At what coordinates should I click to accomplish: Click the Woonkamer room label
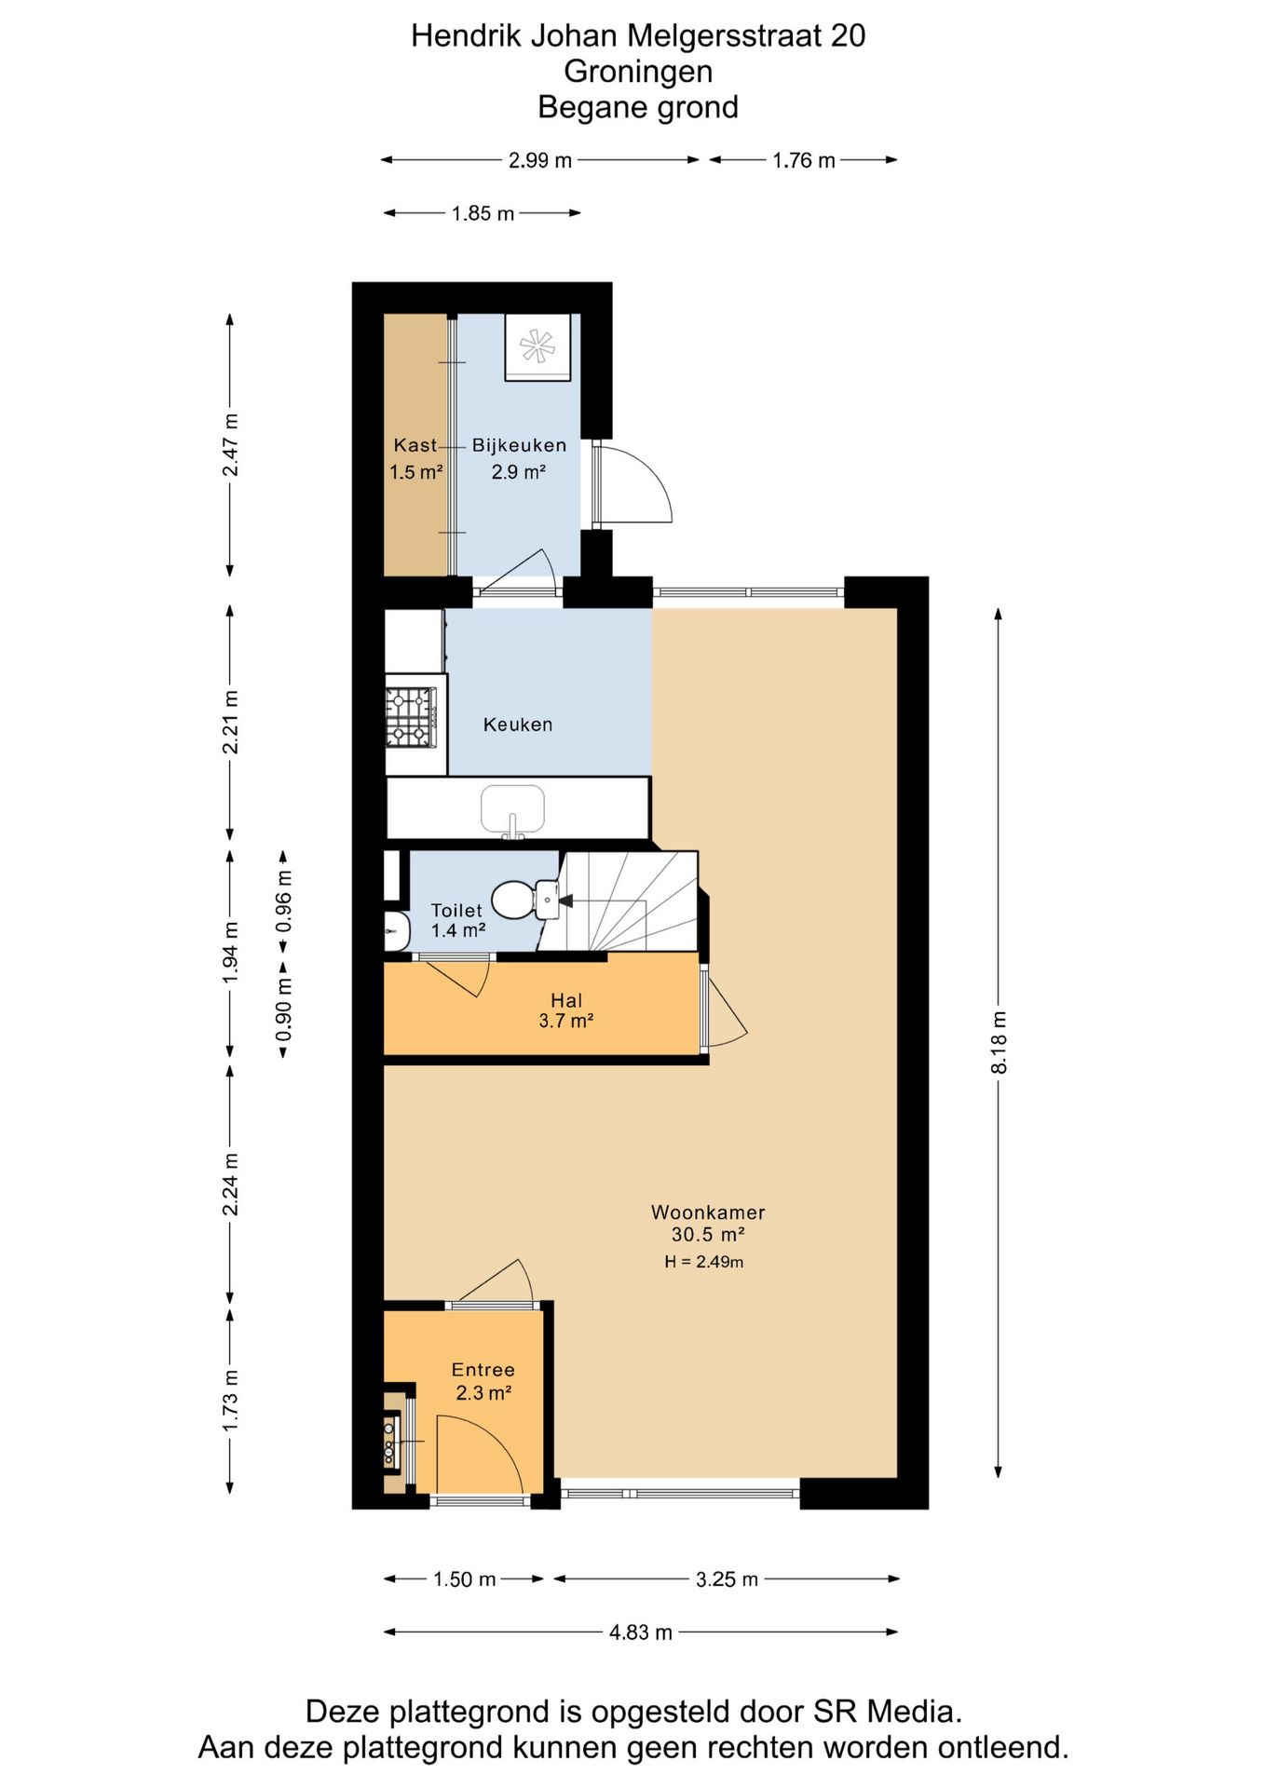coord(708,1212)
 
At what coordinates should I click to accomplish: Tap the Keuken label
coord(518,725)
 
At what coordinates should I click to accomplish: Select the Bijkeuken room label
coord(519,445)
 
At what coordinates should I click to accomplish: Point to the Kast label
coord(415,445)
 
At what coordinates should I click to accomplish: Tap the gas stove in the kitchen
coord(411,717)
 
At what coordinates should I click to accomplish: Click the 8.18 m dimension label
coord(999,1042)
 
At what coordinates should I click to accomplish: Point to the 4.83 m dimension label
coord(641,1632)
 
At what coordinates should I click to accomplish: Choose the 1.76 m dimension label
coord(803,160)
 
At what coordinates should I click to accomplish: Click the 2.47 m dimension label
coord(230,445)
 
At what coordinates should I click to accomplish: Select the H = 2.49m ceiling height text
coord(703,1262)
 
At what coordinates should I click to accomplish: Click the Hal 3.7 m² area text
coord(566,1010)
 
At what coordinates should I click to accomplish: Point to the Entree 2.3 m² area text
coord(483,1381)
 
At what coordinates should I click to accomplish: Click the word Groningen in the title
coord(638,71)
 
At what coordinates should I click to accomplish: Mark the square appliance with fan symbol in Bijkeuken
coord(537,346)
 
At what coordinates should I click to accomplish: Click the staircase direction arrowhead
coord(565,901)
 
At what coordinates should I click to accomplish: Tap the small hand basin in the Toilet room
coord(397,931)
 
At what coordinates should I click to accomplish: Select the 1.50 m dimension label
coord(464,1578)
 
